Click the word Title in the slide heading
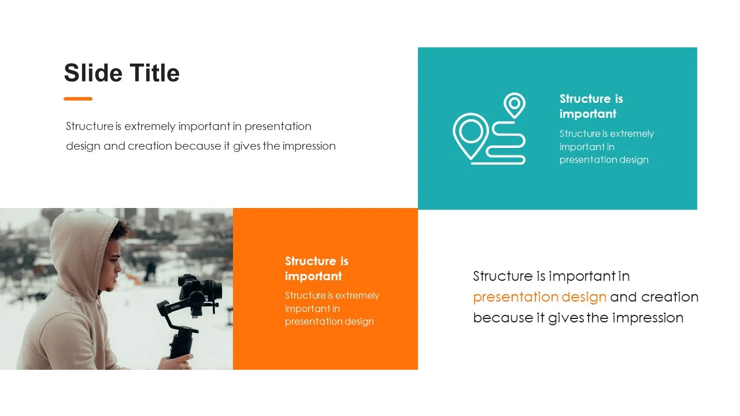tap(154, 73)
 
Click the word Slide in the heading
tap(93, 73)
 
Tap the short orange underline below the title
tap(78, 99)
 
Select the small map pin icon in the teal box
tap(515, 105)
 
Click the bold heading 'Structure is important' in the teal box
tap(591, 106)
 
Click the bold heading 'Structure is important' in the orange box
tap(316, 269)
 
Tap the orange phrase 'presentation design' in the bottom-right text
tap(539, 297)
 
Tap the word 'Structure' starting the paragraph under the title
tap(90, 126)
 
